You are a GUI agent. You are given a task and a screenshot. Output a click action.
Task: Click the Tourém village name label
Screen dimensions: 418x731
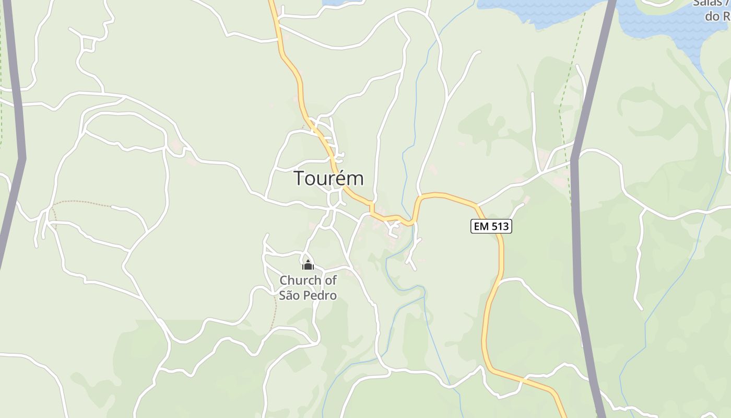[x=328, y=178]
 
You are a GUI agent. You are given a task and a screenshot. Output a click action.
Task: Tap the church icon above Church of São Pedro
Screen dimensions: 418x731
[x=308, y=265]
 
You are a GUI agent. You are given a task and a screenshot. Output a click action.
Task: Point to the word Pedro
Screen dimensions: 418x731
[x=322, y=295]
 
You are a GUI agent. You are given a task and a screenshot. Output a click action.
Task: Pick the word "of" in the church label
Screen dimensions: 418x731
[x=330, y=281]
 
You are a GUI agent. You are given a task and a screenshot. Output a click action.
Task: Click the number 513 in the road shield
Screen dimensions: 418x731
[x=500, y=226]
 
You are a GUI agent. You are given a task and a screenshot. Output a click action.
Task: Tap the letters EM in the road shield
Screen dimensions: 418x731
[x=481, y=226]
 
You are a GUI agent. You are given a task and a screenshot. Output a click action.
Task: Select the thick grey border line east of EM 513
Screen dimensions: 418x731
[x=576, y=235]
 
